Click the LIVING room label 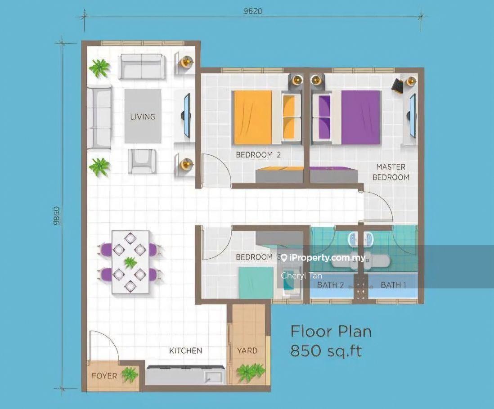[143, 117]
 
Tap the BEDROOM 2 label [258, 155]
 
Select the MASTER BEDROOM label [391, 172]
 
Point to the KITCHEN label [185, 351]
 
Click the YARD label [247, 351]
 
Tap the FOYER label [104, 376]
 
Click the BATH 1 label [394, 285]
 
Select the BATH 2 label [330, 285]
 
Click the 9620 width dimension [253, 11]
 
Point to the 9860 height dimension [56, 216]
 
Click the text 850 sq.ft [326, 351]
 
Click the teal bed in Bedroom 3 [256, 283]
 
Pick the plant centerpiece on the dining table [130, 262]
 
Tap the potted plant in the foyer [130, 374]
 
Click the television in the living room [187, 115]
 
